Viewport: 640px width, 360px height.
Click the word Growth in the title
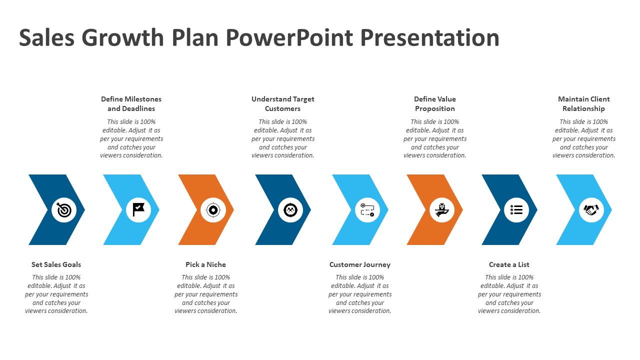[x=122, y=37]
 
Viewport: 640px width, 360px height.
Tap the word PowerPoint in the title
[x=289, y=37]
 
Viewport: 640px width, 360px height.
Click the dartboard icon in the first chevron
[x=64, y=210]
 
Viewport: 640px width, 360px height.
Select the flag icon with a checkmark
[x=138, y=209]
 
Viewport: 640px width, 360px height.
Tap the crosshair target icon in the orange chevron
[x=213, y=210]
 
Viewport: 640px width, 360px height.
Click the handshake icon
[x=591, y=209]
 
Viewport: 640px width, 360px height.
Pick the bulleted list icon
[x=516, y=209]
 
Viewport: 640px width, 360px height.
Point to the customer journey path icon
[x=367, y=209]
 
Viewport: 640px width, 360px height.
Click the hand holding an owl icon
[x=442, y=209]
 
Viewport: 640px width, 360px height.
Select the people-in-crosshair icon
[x=290, y=210]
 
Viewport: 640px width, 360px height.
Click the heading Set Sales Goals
[x=56, y=264]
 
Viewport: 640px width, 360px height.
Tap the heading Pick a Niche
[x=205, y=264]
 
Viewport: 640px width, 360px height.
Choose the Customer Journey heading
[x=360, y=264]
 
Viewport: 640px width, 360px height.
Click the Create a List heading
[x=509, y=264]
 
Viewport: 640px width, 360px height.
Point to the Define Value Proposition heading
[x=435, y=103]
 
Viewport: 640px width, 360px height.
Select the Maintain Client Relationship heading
[x=584, y=103]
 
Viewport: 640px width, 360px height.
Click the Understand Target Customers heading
[x=283, y=103]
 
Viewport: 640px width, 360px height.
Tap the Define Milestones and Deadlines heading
[x=131, y=103]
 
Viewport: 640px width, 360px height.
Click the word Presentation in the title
[x=429, y=37]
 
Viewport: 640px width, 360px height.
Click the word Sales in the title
[x=46, y=37]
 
